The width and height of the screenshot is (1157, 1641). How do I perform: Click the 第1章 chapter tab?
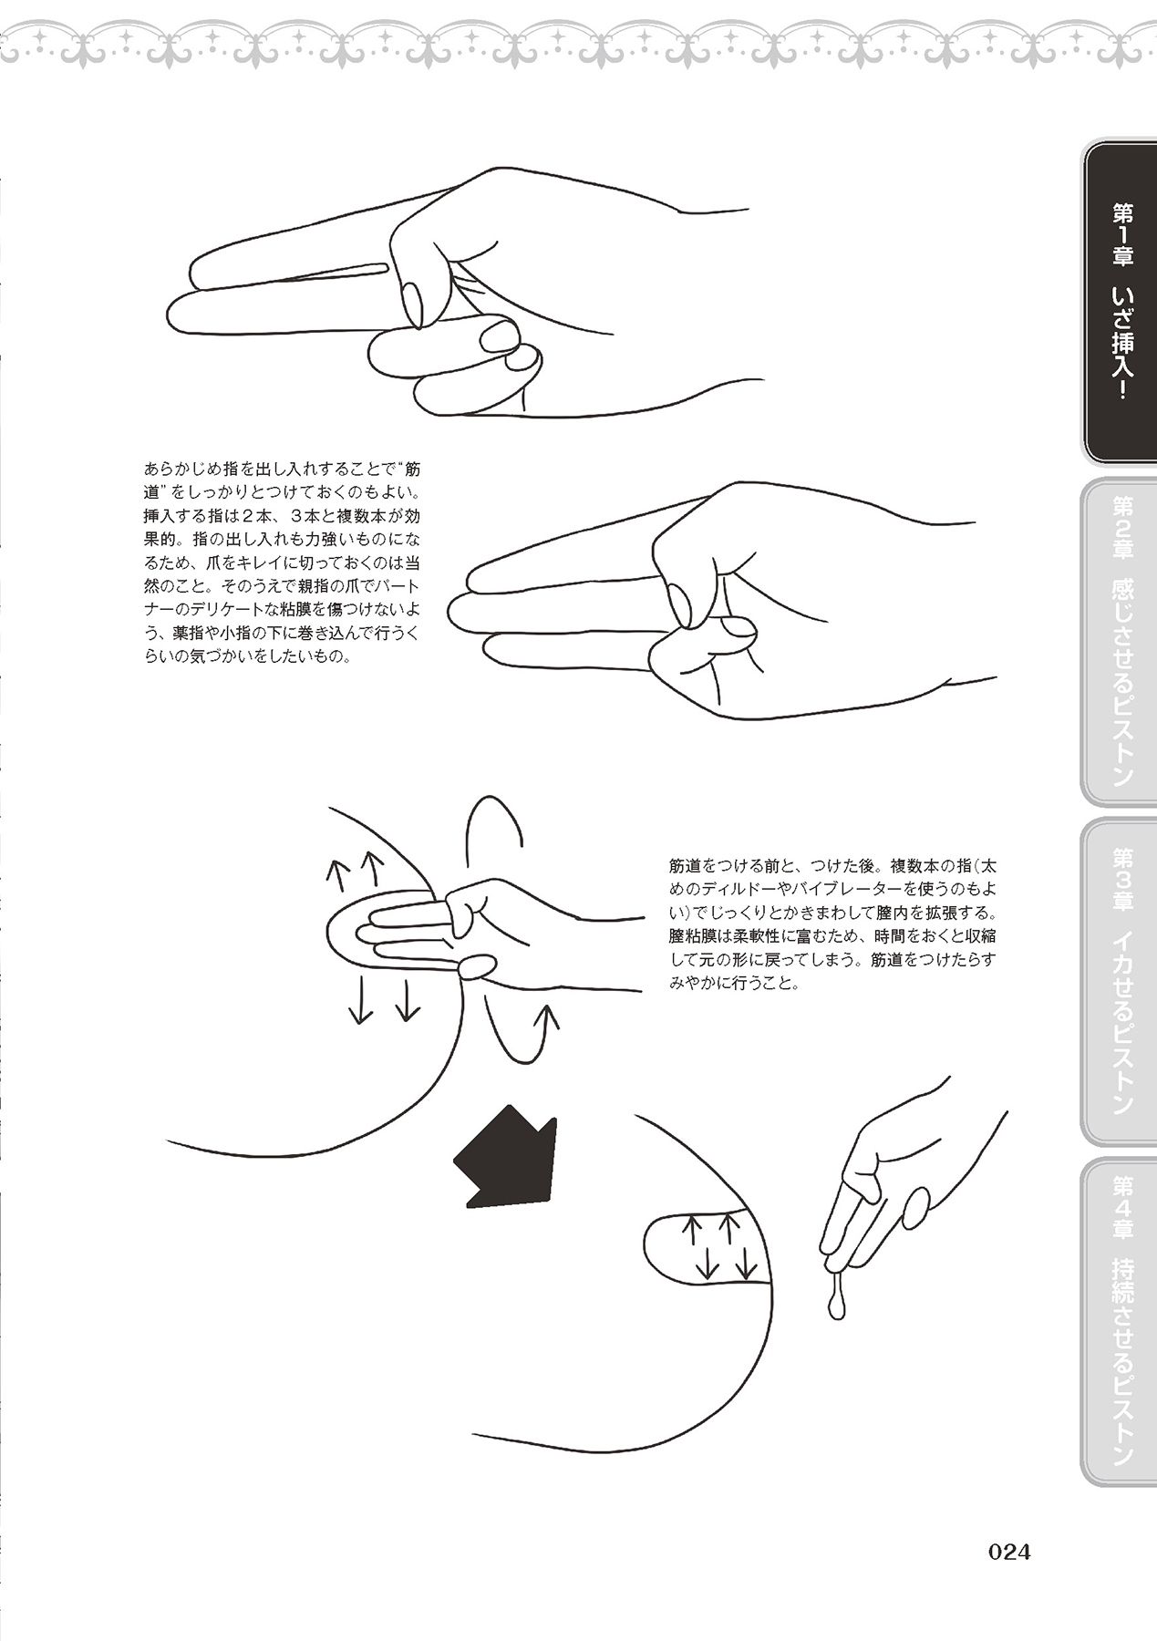[1118, 304]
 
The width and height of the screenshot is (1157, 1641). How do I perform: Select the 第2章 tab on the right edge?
[1118, 642]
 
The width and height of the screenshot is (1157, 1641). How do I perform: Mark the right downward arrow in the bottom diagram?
[746, 1264]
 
